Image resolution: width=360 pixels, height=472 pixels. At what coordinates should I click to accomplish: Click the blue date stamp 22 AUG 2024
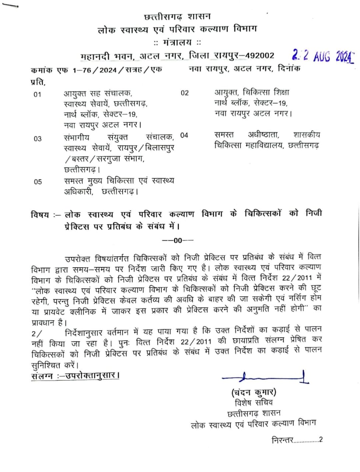[322, 56]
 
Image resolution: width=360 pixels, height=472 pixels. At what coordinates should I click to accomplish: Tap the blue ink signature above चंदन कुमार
[265, 378]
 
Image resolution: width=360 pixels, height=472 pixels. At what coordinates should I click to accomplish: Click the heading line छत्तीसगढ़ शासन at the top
[177, 17]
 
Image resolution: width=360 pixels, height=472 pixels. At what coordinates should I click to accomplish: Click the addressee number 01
[37, 94]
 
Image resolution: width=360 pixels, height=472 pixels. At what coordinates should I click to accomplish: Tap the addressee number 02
[185, 93]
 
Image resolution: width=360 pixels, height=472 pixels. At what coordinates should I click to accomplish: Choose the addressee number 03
[37, 139]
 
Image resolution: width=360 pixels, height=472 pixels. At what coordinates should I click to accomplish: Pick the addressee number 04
[184, 135]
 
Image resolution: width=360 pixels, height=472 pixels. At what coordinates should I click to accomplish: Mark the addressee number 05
[38, 181]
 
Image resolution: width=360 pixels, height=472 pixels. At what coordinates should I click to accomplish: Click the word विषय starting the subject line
[40, 215]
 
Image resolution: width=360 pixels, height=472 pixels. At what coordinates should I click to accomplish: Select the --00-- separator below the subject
[178, 240]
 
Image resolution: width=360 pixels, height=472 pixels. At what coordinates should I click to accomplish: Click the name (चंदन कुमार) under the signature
[254, 392]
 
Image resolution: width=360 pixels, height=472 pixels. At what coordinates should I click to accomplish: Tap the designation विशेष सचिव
[254, 402]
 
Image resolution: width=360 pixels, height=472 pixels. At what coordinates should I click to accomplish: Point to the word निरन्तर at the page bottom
[282, 440]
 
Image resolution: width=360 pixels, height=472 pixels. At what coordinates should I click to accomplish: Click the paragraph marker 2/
[37, 333]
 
